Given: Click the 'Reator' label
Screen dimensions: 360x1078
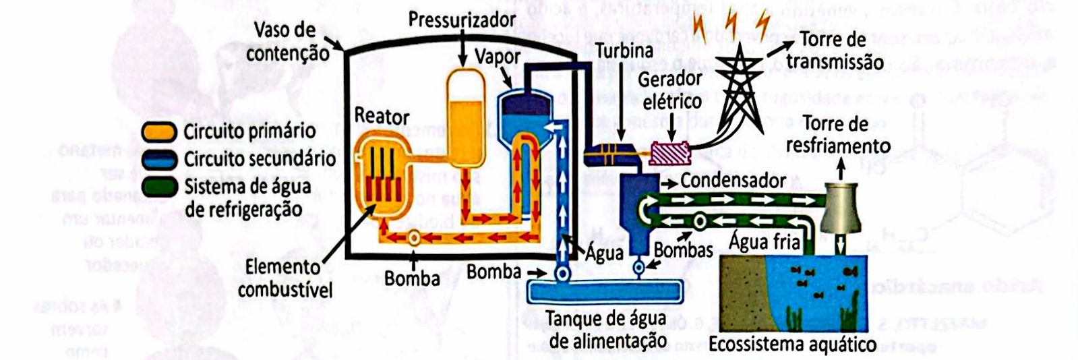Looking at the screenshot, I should [x=382, y=116].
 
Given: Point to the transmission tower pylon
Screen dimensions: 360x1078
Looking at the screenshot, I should [x=740, y=88].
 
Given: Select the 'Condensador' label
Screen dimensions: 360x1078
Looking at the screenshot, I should [x=732, y=181].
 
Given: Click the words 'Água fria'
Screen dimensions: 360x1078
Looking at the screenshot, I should [x=764, y=241].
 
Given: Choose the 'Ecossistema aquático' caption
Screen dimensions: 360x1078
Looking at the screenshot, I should [x=791, y=345].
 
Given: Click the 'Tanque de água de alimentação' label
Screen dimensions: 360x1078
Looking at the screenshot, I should [x=607, y=328].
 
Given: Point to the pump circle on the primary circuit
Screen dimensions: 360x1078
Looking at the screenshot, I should [x=413, y=237].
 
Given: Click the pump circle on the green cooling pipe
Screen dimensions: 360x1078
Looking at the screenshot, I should [x=700, y=220].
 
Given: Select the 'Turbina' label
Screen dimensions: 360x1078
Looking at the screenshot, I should [x=624, y=51].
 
